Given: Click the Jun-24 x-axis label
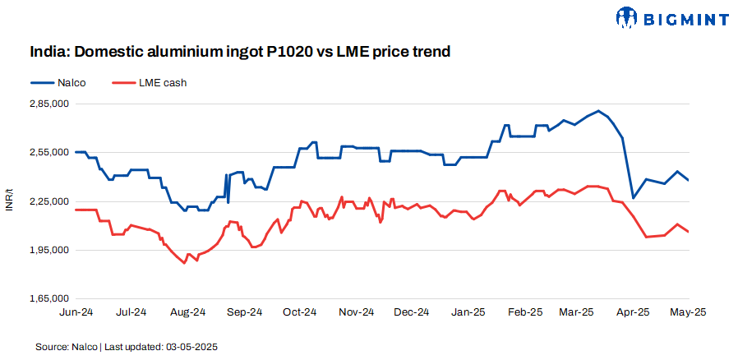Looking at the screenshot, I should click(75, 312).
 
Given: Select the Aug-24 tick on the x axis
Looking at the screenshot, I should click(187, 312).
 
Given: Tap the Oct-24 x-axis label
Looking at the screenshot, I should click(299, 312).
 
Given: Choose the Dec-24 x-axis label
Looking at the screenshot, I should click(412, 312).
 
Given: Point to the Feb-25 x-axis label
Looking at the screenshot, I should click(525, 312).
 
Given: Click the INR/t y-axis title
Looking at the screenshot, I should click(9, 201).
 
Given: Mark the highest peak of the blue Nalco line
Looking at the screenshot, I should click(598, 110).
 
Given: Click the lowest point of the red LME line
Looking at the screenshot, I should click(185, 263).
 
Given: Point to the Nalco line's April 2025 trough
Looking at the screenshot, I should click(633, 198).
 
